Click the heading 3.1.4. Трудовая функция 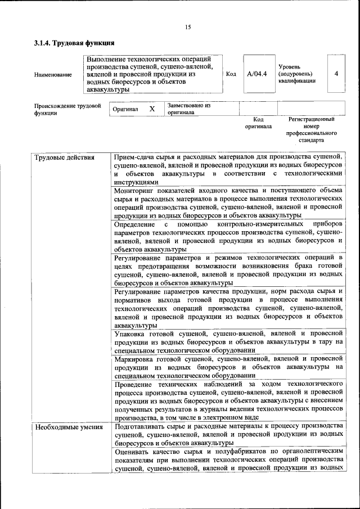(74, 43)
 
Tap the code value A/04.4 (256, 74)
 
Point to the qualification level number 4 (336, 74)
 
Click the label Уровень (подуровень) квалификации (296, 74)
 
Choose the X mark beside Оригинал (152, 109)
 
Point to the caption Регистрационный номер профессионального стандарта (311, 130)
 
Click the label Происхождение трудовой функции (67, 109)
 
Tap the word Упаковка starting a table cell (131, 334)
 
